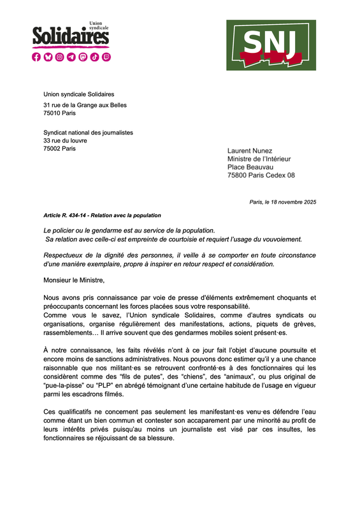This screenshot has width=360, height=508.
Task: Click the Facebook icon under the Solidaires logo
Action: tap(37, 57)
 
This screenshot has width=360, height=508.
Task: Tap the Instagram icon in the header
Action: tap(60, 57)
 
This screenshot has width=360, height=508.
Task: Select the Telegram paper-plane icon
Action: tap(71, 57)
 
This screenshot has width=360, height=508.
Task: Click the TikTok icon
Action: tap(94, 57)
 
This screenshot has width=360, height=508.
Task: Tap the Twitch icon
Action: tap(106, 57)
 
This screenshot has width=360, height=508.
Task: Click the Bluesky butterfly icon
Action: tap(48, 57)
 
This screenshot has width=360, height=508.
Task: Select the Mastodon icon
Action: tap(83, 57)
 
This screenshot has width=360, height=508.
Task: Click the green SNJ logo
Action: tap(271, 45)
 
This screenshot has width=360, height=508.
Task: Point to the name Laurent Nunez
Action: tap(251, 151)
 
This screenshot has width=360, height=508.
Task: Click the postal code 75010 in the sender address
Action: tap(52, 113)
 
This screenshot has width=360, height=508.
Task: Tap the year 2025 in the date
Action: tap(309, 202)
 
